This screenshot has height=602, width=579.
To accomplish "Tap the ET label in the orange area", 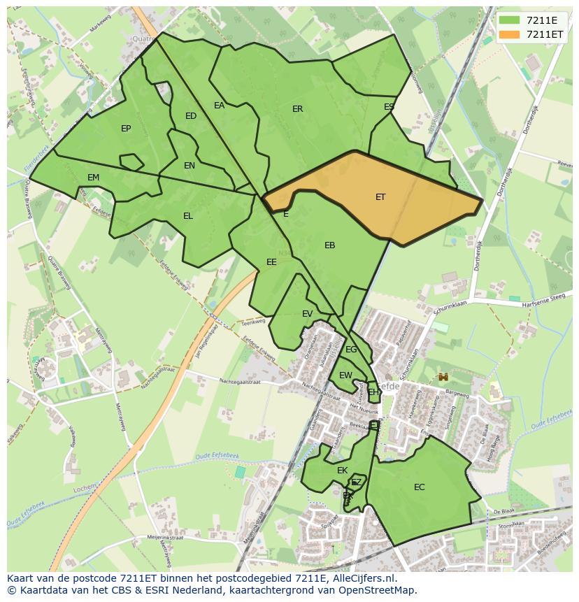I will coord(380,197).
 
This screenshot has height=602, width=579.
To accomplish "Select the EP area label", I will coord(126,128).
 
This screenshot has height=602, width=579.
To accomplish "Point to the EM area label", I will coord(94,178).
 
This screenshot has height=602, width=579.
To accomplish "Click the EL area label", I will coord(188,216).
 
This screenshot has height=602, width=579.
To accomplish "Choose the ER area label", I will coord(298,109).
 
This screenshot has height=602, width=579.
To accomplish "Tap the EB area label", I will coord(330,245).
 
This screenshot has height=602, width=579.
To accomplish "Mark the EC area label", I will coord(420,487).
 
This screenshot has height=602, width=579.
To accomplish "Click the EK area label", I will coord(343,471).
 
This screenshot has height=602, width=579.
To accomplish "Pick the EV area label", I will coord(308,314).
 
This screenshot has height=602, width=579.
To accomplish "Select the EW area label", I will coord(345,375).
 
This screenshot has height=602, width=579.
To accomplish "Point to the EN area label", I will coord(190,166).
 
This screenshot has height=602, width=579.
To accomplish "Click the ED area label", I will coord(191,116).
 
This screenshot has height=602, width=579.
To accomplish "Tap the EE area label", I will coord(271,262).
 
